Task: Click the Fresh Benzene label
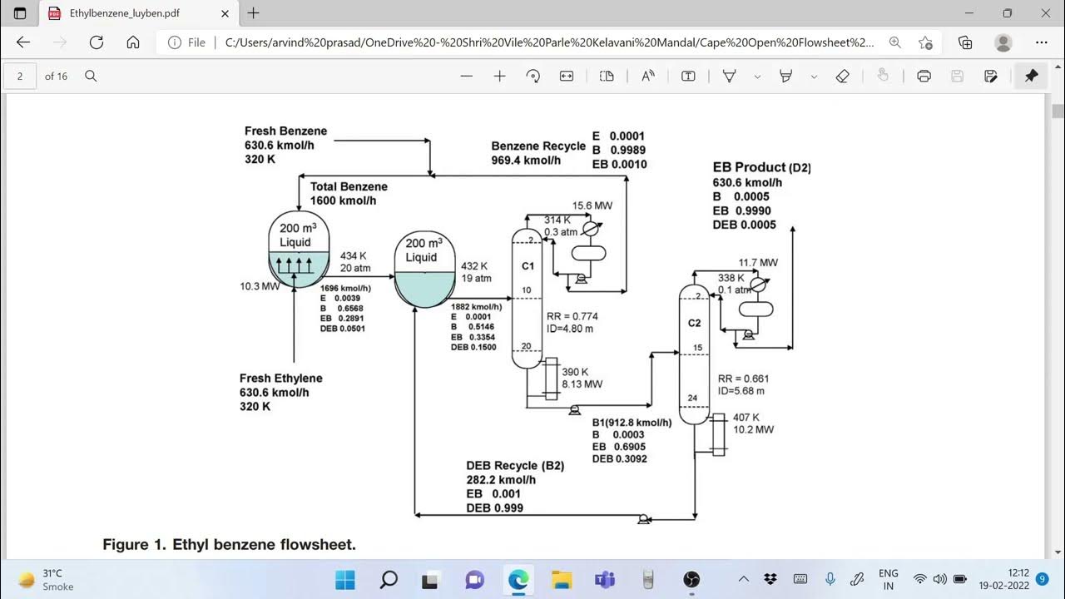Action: click(285, 131)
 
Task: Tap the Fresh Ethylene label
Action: click(280, 379)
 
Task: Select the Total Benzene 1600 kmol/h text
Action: click(349, 194)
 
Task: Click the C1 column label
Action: click(527, 266)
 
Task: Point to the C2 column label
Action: click(694, 323)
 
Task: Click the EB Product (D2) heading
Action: click(761, 167)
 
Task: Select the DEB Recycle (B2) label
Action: click(515, 466)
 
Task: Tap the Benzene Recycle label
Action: click(538, 146)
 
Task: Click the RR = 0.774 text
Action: click(572, 316)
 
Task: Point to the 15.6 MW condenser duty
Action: click(592, 205)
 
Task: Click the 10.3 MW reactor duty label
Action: click(260, 286)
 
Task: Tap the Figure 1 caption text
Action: click(229, 545)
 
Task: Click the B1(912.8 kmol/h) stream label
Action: click(632, 423)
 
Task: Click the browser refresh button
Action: click(96, 42)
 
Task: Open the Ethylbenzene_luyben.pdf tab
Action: click(125, 13)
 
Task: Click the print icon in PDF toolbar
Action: click(924, 76)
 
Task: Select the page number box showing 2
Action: click(20, 76)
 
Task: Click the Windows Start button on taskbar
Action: click(344, 580)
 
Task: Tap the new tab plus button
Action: click(254, 13)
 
